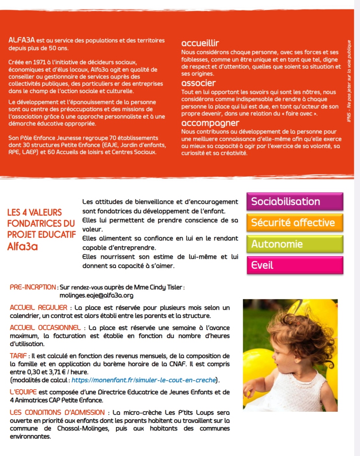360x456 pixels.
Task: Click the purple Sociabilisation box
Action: click(295, 201)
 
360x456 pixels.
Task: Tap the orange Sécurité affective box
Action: click(295, 223)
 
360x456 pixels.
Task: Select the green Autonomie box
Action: click(295, 244)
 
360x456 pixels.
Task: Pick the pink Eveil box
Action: click(295, 265)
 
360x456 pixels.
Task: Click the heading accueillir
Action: click(200, 43)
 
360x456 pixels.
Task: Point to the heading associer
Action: click(198, 83)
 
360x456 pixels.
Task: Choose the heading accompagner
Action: click(210, 123)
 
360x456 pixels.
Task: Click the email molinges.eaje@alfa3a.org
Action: click(96, 296)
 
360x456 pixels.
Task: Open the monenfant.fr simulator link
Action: click(143, 380)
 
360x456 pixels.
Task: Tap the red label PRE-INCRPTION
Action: click(33, 287)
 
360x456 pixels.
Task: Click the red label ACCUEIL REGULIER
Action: click(39, 308)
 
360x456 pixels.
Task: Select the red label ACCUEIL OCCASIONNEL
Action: click(45, 328)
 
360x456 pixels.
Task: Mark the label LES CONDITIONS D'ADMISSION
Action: click(57, 412)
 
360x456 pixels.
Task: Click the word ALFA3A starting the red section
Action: click(21, 40)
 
